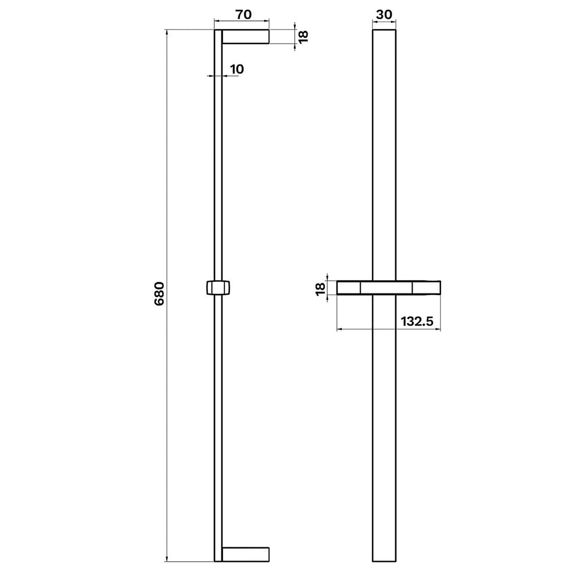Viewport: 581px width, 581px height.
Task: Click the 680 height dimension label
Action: tap(159, 294)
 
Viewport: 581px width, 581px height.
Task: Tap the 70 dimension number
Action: tap(243, 15)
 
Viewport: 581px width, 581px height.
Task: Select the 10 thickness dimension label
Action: tap(237, 69)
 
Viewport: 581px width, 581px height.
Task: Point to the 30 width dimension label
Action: tap(384, 15)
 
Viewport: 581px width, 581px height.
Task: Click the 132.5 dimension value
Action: tap(417, 321)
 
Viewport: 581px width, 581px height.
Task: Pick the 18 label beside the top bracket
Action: tap(303, 37)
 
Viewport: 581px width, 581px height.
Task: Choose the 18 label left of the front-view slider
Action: tap(321, 289)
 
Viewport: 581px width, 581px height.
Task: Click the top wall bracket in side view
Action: tap(246, 37)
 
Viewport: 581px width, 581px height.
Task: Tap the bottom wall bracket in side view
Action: tap(246, 554)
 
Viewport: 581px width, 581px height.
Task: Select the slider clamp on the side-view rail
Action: tap(218, 288)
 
